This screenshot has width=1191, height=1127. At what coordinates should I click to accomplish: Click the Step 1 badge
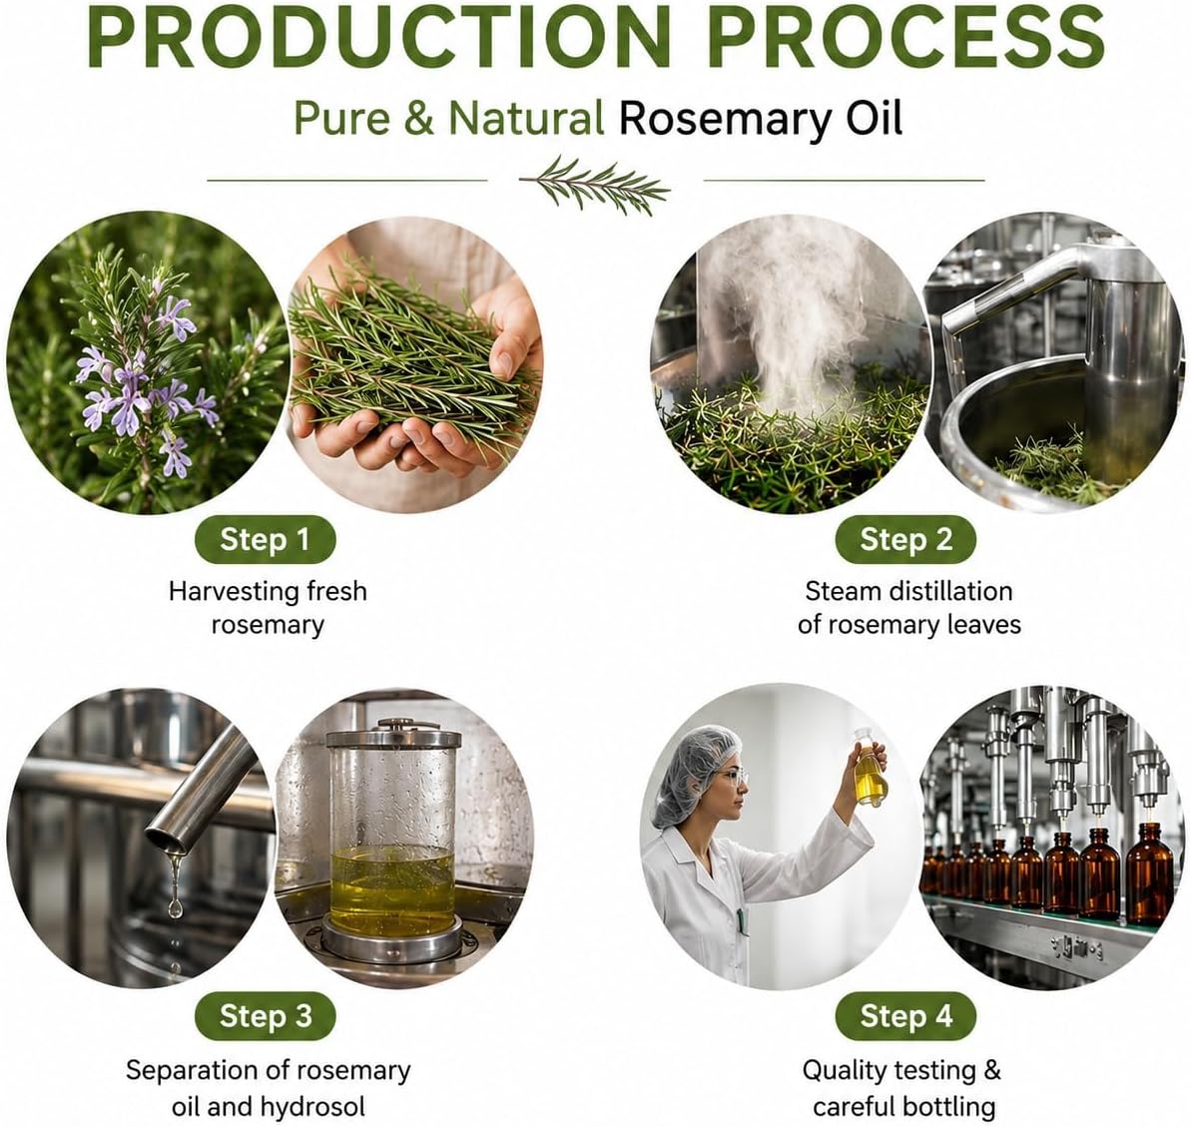266,539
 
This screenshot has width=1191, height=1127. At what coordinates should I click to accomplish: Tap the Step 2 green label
905,539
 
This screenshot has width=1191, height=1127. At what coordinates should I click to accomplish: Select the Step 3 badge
266,1016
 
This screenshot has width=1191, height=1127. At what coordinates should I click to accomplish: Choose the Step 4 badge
905,1016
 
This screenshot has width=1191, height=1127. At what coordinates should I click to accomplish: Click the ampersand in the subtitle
419,119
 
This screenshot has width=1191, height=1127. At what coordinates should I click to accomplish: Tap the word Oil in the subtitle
875,119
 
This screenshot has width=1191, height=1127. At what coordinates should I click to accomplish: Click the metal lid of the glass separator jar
394,735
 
